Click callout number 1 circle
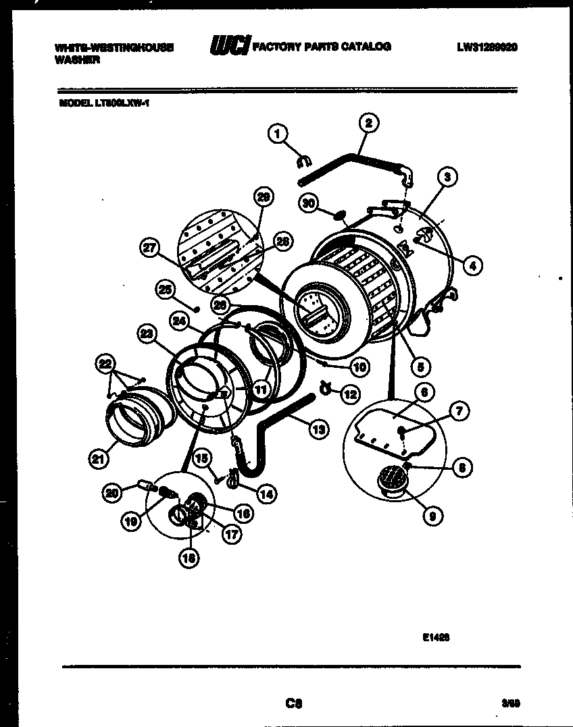coord(276,134)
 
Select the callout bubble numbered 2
coord(368,122)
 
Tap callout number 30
coord(309,203)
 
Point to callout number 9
coord(432,516)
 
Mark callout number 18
coord(191,558)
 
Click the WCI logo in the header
coord(228,46)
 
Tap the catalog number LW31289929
coord(487,47)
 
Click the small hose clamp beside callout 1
coord(303,161)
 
